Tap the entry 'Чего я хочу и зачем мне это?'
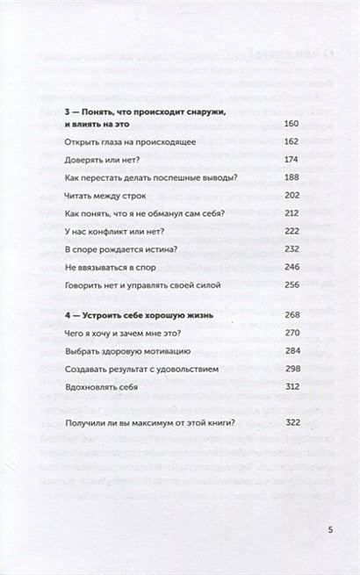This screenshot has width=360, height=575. pyautogui.click(x=119, y=334)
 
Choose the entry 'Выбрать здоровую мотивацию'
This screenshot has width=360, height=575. pyautogui.click(x=120, y=353)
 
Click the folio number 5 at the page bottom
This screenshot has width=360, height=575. pyautogui.click(x=330, y=530)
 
